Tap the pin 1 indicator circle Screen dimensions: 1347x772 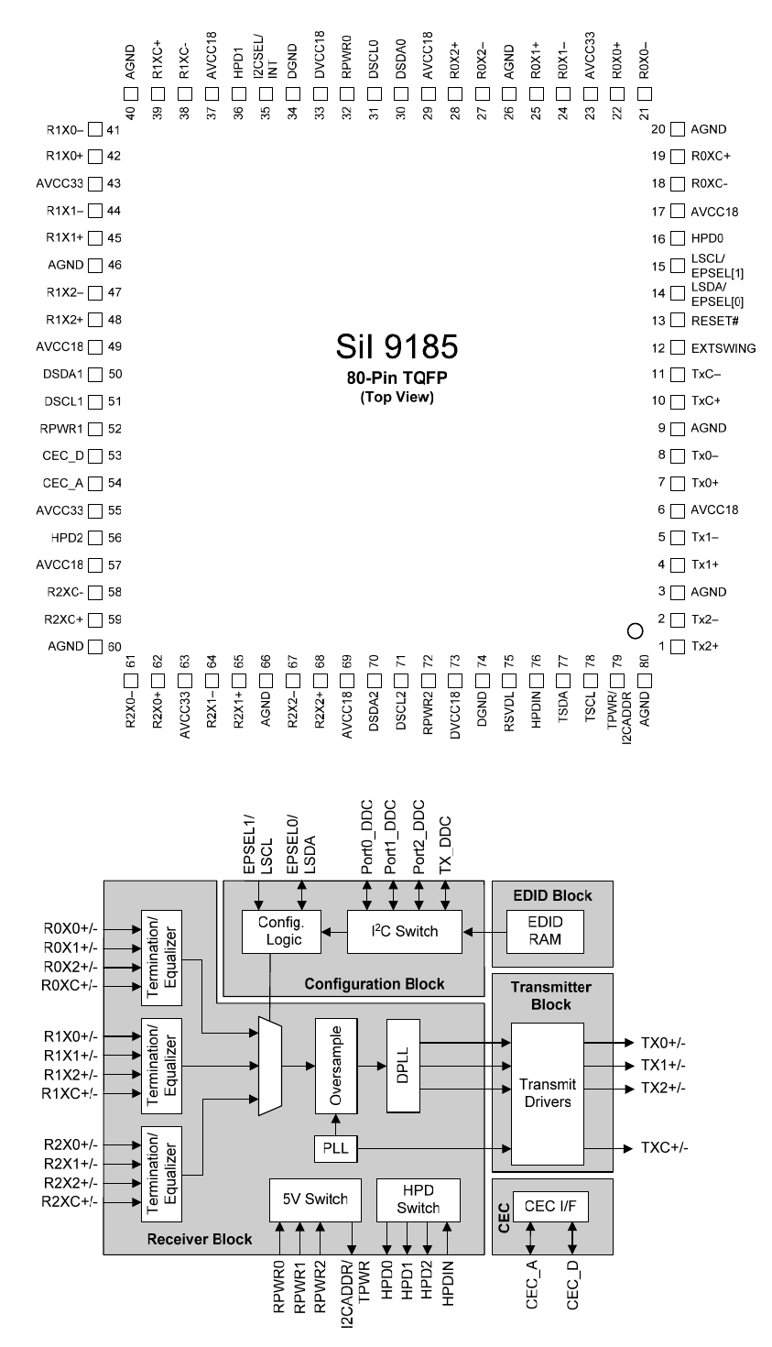coord(634,630)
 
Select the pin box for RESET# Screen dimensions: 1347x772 coord(678,321)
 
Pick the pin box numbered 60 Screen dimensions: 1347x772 coord(94,647)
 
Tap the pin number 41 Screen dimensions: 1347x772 coord(114,130)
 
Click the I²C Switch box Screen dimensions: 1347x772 coord(405,931)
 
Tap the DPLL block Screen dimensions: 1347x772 coord(403,1065)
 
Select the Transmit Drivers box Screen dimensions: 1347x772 coord(547,1092)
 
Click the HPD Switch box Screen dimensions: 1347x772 coord(418,1199)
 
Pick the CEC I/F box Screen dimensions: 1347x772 coord(550,1207)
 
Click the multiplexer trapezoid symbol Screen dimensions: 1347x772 coord(270,1066)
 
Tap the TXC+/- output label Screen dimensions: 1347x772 coord(664,1148)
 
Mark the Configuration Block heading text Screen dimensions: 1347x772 coord(375,984)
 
